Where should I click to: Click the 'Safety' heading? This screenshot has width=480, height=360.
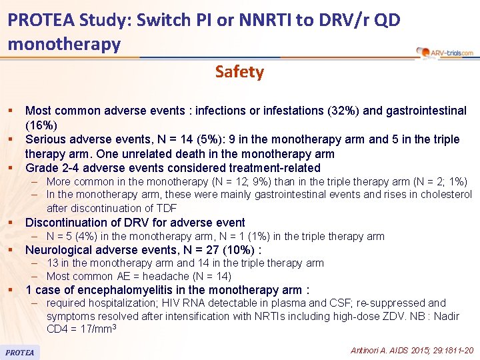239,72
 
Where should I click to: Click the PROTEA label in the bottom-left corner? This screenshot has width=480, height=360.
19,351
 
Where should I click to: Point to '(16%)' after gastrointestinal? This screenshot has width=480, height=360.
41,125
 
